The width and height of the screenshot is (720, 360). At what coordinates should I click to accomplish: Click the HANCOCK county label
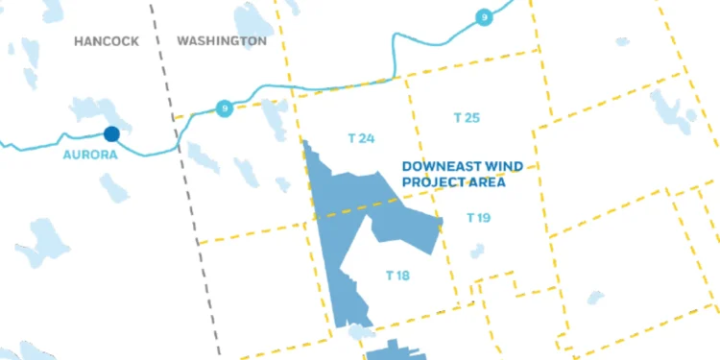[x=107, y=41]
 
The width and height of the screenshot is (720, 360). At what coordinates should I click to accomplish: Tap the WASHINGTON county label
[x=222, y=41]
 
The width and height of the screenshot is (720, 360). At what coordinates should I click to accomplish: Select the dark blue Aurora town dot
[x=111, y=134]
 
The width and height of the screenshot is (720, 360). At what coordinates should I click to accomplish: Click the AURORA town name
[x=90, y=155]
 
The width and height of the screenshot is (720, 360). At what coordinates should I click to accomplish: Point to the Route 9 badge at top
[x=485, y=16]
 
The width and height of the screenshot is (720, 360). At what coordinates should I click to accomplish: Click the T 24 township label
[x=361, y=138]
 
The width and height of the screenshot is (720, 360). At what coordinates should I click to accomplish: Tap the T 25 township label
[x=466, y=117]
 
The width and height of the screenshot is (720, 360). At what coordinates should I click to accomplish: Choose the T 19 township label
[x=478, y=218]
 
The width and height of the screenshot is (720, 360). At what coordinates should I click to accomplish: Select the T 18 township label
[x=397, y=276]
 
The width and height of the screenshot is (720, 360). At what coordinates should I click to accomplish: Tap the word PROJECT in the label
[x=434, y=180]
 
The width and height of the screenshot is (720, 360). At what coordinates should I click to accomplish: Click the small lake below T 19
[x=477, y=252]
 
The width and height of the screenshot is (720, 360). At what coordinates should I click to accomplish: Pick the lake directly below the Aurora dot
[x=114, y=186]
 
